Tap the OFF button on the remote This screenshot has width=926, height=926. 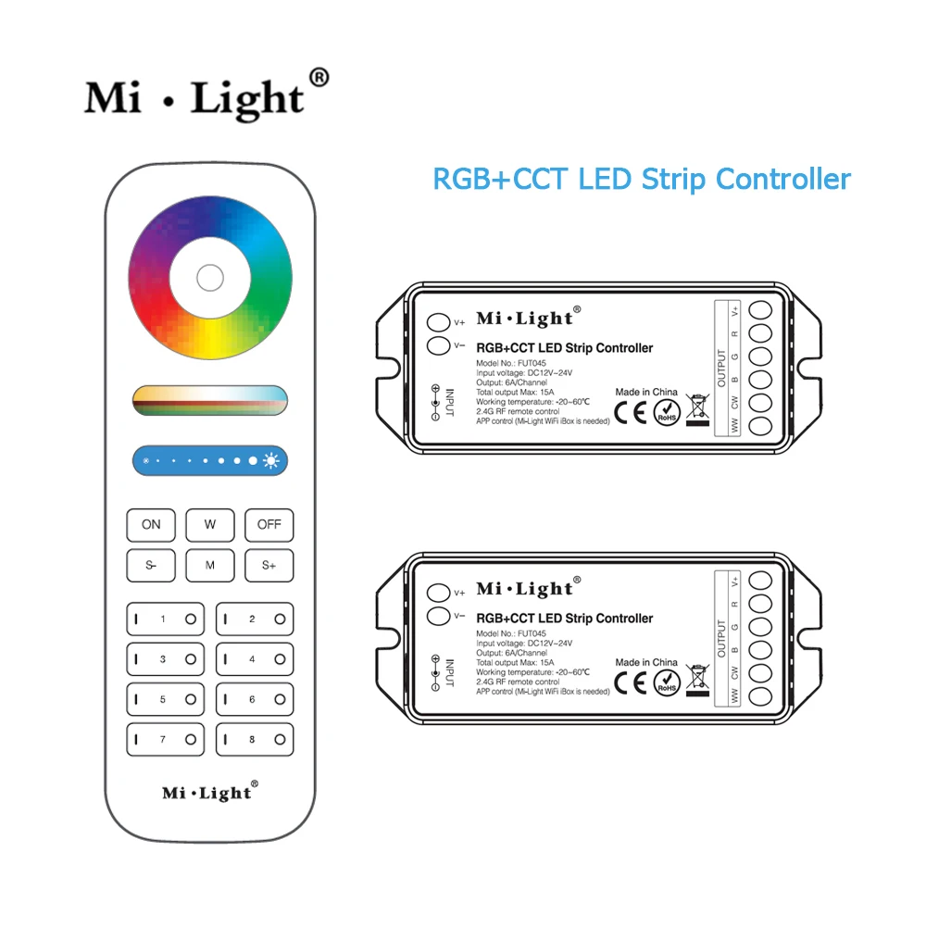point(269,525)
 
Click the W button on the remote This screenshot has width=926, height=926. point(209,525)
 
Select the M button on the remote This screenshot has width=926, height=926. point(209,565)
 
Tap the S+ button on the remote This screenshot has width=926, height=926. point(269,565)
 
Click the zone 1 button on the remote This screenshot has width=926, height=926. point(165,619)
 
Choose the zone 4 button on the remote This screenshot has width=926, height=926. point(255,659)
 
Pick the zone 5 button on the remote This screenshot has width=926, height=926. point(165,700)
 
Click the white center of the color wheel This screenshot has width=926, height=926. point(209,277)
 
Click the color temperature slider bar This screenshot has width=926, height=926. point(209,399)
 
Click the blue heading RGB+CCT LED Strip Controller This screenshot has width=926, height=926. point(642,178)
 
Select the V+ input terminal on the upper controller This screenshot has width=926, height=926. point(437,323)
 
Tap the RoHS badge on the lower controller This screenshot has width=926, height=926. point(667,683)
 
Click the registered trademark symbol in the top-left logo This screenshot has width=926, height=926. point(318,78)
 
